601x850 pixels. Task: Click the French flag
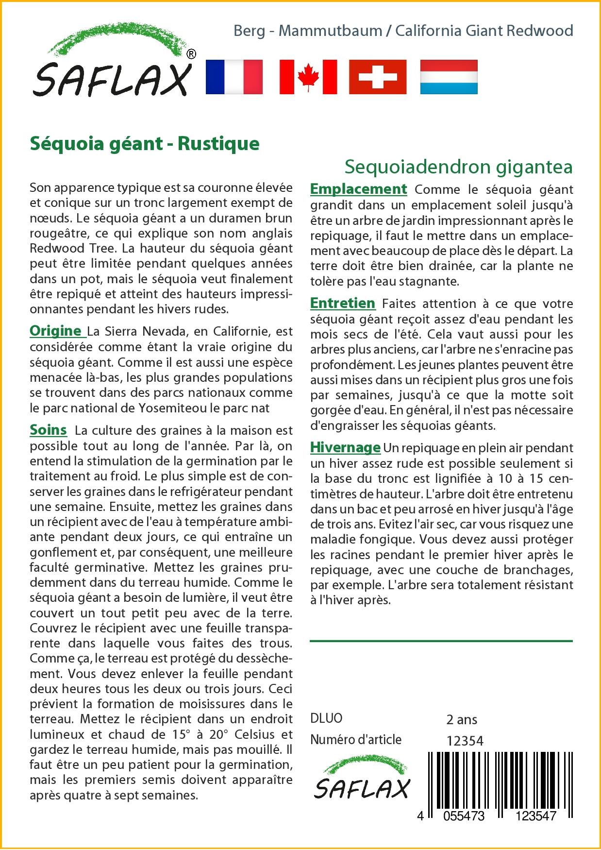point(234,77)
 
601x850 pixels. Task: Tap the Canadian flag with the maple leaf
point(308,77)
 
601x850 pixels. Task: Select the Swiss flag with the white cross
point(378,77)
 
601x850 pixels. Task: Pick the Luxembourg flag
point(449,77)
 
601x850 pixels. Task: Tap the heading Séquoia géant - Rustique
point(145,144)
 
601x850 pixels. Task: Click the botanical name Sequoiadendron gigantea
point(458,167)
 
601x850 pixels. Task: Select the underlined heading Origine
point(55,331)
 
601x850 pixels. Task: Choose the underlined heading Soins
point(48,430)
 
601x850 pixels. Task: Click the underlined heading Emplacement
point(358,189)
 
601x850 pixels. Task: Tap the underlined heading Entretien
point(342,304)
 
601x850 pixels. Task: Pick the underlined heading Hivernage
point(345,447)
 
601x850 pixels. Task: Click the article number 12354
point(465,741)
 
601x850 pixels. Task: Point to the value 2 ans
point(462,719)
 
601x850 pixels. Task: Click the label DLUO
point(326,718)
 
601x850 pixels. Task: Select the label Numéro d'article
point(356,740)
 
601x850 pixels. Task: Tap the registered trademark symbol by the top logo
point(191,54)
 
